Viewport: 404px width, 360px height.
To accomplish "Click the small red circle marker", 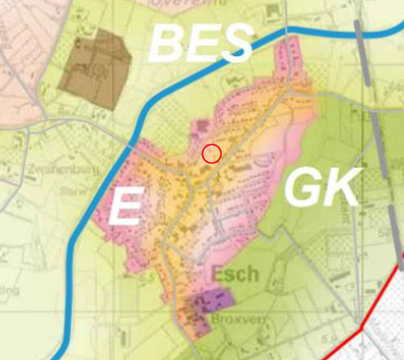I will (x=212, y=153).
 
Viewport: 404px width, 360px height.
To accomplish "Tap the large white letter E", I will (x=125, y=208).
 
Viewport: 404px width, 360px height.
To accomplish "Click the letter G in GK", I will (x=305, y=189).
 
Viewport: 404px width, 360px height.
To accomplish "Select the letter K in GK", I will (x=340, y=189).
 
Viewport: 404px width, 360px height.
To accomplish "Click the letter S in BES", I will (x=234, y=44).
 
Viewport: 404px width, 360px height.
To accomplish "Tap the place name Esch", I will (x=236, y=273).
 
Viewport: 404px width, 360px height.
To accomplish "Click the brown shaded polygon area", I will (x=91, y=70).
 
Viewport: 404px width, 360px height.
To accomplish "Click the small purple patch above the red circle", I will (x=201, y=129).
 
